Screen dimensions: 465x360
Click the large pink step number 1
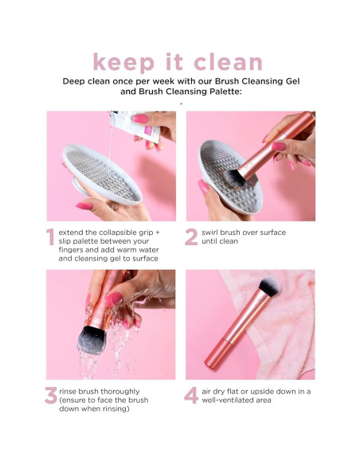(50, 238)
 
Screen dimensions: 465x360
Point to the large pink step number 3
(50, 397)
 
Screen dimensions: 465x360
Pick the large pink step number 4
(191, 397)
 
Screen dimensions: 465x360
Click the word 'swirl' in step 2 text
(212, 232)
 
